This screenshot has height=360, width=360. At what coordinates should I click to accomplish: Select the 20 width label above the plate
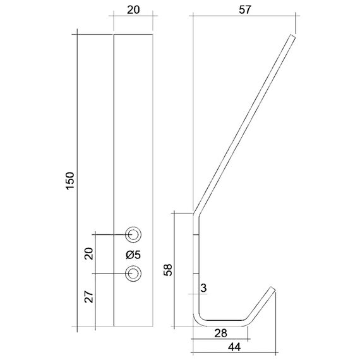133,11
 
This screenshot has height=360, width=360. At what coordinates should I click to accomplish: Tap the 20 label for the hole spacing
88,254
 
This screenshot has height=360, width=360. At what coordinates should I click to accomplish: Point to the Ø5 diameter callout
133,255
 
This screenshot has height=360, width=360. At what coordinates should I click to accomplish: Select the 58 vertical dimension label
168,270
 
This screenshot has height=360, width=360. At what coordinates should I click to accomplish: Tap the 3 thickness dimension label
203,288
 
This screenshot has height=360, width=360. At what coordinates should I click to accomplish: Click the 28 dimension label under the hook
221,333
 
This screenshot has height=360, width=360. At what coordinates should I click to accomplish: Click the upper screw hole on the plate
133,234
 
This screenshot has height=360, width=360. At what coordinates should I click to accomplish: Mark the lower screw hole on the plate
133,273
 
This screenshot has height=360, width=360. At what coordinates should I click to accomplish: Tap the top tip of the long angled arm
292,37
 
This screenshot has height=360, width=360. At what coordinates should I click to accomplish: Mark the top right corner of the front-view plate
153,33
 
